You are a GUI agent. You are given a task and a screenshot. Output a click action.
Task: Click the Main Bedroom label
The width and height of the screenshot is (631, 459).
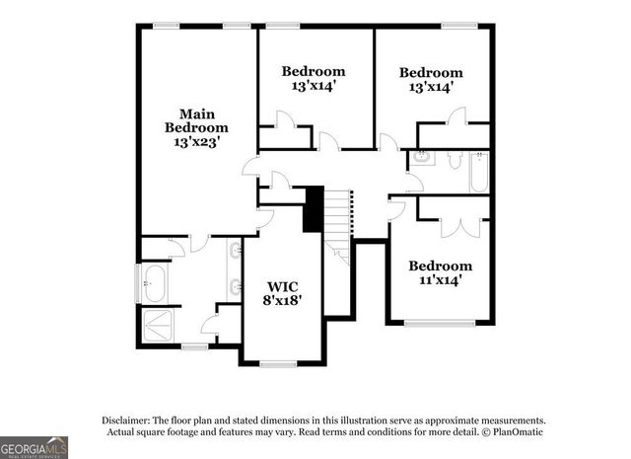point(195,120)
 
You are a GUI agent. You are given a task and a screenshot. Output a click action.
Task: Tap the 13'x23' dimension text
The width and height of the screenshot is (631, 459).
point(195,142)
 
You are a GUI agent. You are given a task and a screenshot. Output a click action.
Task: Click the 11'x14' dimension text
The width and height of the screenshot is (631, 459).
point(441,280)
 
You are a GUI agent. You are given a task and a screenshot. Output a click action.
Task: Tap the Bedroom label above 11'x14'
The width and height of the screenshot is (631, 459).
point(441,266)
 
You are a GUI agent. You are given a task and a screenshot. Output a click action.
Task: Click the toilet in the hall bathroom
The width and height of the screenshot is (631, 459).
point(456,159)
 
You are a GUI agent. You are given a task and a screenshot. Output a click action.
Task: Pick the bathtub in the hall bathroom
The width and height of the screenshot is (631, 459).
point(480,172)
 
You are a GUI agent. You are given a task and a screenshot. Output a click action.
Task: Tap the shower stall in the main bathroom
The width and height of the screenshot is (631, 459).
point(157,323)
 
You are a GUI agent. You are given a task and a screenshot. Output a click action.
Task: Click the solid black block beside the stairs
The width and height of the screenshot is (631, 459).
point(314,209)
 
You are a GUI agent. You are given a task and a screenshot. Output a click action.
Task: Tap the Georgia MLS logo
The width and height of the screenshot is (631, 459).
point(35,447)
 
